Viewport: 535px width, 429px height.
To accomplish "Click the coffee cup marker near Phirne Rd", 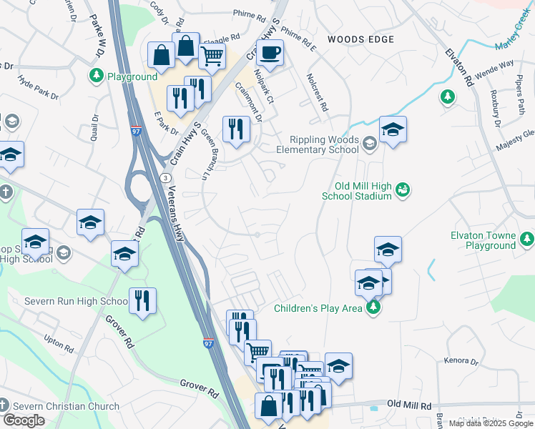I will click(x=270, y=53).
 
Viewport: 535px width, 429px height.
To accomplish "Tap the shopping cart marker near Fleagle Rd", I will click(x=212, y=56).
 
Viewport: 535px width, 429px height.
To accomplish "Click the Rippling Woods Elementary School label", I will click(x=324, y=145).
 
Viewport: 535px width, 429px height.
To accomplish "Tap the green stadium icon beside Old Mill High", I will click(x=403, y=189).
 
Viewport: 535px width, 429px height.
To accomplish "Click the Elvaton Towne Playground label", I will click(x=483, y=240).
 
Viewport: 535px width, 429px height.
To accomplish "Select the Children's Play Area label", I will click(x=318, y=309).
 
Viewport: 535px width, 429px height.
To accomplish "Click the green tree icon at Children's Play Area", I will click(x=372, y=307).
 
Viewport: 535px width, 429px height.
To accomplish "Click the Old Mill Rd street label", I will click(x=411, y=405).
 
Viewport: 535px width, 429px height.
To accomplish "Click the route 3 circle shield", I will click(x=165, y=177).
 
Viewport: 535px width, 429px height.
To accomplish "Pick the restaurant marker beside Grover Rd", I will click(x=143, y=300).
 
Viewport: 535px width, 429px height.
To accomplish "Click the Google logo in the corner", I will click(x=24, y=420).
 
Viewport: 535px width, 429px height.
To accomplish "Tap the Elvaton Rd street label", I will click(x=459, y=68).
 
